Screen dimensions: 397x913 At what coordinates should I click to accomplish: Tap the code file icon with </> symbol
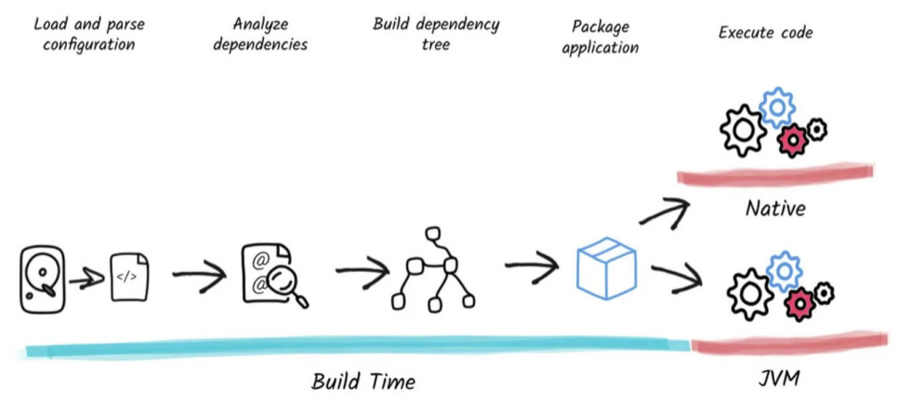(x=127, y=277)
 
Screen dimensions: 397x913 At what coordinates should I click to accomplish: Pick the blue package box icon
(x=605, y=266)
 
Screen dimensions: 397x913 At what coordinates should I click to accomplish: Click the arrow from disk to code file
(x=86, y=279)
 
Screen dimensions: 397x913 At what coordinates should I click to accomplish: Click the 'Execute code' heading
(x=766, y=33)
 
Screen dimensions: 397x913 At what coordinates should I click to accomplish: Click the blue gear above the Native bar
(x=777, y=107)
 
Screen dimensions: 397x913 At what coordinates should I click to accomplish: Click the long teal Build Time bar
(x=357, y=345)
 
